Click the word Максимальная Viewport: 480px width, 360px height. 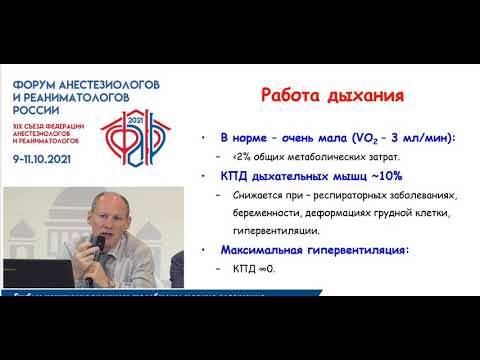point(265,249)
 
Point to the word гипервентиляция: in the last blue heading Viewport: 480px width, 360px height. point(358,249)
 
